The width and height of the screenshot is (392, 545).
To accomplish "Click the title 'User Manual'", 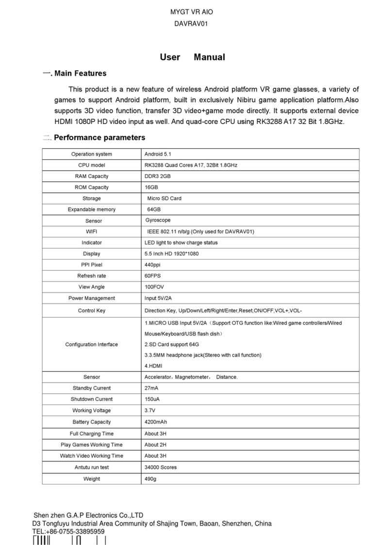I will tap(193, 57).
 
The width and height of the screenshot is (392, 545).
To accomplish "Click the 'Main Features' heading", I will tap(80, 74).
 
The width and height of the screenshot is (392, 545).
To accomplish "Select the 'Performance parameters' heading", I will tap(99, 138).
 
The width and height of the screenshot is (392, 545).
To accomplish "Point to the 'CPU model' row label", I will tap(91, 165).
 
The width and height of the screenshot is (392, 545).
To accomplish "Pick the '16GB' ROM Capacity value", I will tap(151, 187).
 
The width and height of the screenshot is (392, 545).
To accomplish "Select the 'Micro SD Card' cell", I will tap(164, 199).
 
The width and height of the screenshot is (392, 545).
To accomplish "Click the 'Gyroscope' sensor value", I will tap(157, 220).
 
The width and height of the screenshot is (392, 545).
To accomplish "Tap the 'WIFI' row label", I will tap(91, 232).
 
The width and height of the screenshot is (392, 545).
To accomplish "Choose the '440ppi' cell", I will tap(152, 265).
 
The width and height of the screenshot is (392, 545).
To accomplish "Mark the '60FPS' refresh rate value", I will tap(152, 276).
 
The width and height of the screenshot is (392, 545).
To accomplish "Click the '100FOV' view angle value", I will tap(154, 287).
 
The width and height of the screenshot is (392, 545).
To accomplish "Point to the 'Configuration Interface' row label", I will tap(91, 344).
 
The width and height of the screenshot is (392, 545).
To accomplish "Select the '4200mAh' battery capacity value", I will tap(155, 422).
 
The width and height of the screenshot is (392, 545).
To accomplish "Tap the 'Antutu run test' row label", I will tap(91, 467).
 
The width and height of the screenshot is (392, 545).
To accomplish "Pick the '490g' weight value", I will tap(151, 479).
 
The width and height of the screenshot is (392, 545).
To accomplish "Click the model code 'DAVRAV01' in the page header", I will tap(193, 23).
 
